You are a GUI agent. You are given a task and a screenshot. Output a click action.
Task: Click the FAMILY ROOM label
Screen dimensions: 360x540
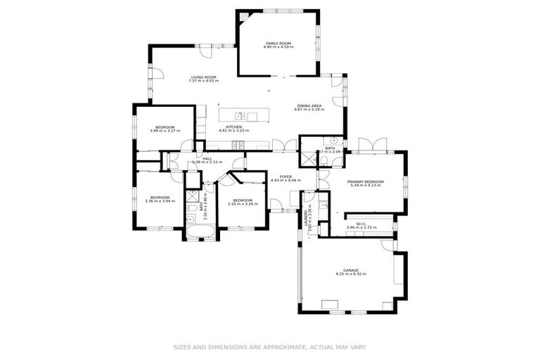278,43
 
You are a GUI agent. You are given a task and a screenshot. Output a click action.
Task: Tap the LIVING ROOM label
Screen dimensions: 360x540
203,77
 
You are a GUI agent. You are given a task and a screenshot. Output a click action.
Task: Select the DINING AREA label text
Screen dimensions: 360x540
309,105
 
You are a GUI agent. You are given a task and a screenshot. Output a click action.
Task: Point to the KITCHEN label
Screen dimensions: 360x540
233,127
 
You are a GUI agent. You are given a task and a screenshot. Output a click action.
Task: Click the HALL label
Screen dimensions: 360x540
207,159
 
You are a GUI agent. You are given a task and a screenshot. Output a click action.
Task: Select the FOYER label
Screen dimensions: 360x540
285,176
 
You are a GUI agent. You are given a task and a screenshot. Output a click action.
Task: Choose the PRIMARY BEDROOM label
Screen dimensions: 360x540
365,181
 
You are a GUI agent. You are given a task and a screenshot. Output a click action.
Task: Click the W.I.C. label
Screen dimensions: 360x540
361,224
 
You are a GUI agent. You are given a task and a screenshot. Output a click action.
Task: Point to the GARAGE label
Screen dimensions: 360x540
351,270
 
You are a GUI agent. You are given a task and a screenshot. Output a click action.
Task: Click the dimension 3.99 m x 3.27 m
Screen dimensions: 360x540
162,131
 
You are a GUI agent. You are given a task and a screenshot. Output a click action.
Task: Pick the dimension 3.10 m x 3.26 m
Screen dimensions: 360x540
243,205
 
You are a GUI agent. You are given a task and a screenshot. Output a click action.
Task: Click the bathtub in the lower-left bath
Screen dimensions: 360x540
200,229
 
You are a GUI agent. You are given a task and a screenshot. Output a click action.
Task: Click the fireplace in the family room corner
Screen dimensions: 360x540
243,17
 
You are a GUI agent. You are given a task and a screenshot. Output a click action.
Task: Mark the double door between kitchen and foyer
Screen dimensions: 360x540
279,147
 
